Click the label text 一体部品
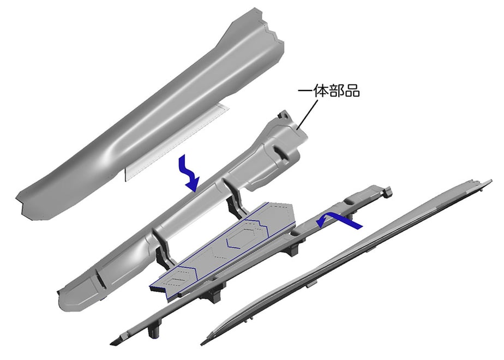(328, 91)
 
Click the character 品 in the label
(352, 91)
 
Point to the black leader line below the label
(307, 114)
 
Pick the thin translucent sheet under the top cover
(177, 141)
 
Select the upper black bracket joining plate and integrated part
(236, 201)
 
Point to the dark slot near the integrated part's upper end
(281, 152)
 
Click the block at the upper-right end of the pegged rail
(387, 191)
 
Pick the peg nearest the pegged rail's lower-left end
(154, 331)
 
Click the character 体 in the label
(321, 91)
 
